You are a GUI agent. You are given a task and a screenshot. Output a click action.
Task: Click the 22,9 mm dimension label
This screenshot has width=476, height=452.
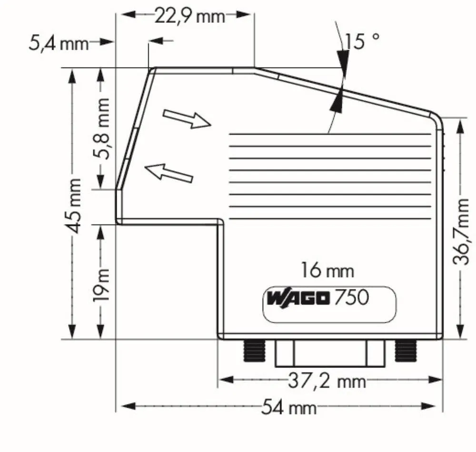189,16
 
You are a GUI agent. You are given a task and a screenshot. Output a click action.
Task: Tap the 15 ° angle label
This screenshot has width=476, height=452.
362,41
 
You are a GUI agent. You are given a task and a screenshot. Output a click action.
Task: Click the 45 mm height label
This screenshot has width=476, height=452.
73,205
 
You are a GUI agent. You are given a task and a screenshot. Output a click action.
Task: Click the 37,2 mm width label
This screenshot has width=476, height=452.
327,380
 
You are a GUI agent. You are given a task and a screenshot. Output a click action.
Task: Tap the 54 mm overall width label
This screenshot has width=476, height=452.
289,407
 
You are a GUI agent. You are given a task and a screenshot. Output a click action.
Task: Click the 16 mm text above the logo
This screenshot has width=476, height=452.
327,271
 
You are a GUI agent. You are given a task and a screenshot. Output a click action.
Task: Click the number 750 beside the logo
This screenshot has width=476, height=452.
351,298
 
